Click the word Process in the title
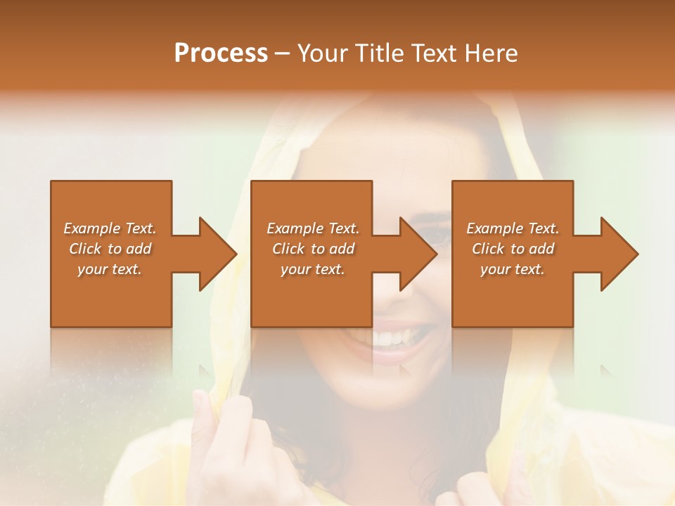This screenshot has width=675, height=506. point(221,53)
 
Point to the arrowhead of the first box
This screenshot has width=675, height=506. point(218,254)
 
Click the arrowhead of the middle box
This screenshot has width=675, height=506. point(418,254)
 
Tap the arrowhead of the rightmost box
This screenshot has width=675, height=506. point(619,254)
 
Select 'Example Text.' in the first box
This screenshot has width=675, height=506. point(110,228)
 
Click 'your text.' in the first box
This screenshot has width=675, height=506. point(110,269)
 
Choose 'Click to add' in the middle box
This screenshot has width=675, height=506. point(313,249)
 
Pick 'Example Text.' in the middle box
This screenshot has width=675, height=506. point(313,228)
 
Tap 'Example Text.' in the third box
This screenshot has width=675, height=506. point(513,228)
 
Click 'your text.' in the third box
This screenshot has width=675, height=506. point(513,269)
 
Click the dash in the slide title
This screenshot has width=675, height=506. point(283,53)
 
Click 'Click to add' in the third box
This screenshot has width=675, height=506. point(513,249)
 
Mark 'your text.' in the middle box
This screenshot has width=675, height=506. point(313,269)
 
